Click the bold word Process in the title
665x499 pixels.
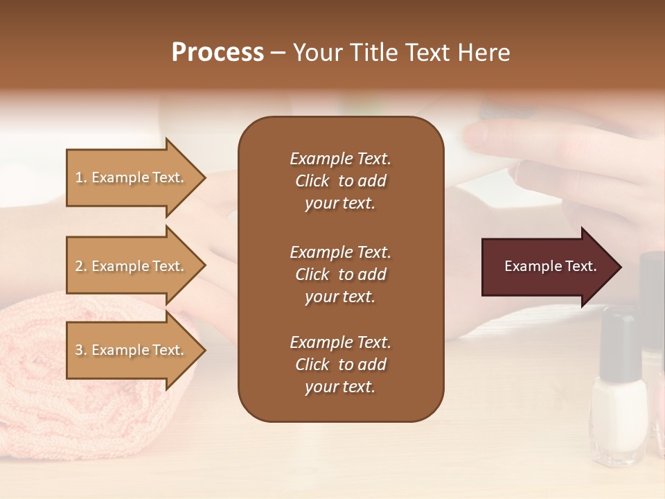coord(218,53)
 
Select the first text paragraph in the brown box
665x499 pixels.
coord(340,181)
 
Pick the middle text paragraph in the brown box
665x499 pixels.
coord(340,274)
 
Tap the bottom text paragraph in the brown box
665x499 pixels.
coord(340,365)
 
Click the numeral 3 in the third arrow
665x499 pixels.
coord(78,350)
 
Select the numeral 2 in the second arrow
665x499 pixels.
coord(78,266)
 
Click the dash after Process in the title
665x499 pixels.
coord(278,53)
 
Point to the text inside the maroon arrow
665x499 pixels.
coord(550,266)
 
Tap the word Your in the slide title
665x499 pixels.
coord(317,53)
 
